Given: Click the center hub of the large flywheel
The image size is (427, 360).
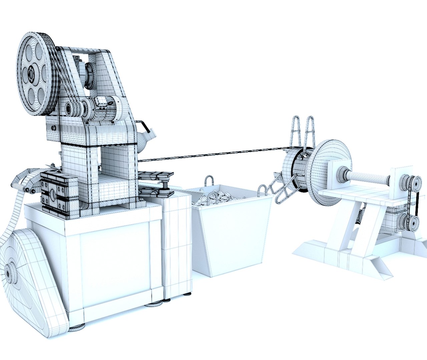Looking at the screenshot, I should coord(32,74).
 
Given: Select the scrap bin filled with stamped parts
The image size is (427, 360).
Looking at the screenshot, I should coord(230,230).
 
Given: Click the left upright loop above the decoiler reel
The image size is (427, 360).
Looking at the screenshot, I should coord(296,132).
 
